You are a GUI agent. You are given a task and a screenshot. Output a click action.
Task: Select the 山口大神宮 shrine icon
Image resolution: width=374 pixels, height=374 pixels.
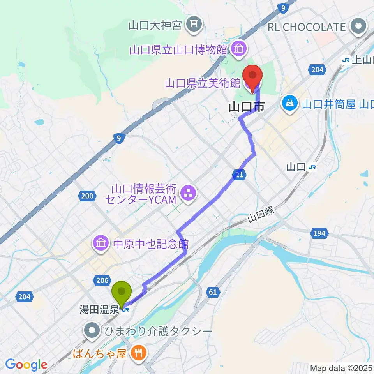coord(193,25)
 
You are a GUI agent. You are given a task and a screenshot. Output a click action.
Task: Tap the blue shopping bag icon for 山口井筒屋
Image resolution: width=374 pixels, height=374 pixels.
coord(291,104)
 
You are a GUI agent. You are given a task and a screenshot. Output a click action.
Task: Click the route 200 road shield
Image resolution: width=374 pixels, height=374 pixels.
coord(87,196)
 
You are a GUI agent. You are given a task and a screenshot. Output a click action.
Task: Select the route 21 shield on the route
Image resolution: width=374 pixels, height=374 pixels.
coord(240,175)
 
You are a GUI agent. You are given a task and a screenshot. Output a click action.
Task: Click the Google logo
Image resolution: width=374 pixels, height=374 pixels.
coord(26,365)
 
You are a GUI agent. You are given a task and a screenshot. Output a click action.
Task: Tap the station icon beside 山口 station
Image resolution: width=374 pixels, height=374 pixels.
coord(312,168)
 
